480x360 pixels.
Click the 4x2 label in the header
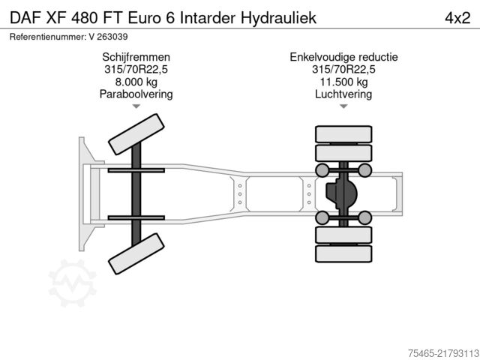(457, 18)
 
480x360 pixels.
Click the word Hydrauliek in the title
(278, 18)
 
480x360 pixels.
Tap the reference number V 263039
(108, 37)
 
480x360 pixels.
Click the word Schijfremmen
(136, 57)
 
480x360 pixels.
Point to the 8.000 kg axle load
(136, 82)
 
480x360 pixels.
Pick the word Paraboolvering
(136, 94)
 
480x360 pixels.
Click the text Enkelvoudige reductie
(343, 57)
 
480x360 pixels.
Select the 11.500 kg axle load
(343, 82)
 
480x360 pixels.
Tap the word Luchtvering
(343, 94)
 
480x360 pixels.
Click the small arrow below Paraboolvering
(136, 106)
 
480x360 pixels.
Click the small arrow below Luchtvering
(343, 106)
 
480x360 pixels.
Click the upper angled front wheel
(136, 134)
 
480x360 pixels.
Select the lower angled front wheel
(136, 253)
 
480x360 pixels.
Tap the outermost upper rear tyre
(343, 134)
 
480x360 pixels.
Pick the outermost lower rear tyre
(343, 253)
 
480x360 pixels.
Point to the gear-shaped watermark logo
(73, 283)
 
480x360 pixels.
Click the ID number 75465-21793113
(443, 353)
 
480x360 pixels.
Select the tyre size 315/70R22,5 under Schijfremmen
(136, 69)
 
